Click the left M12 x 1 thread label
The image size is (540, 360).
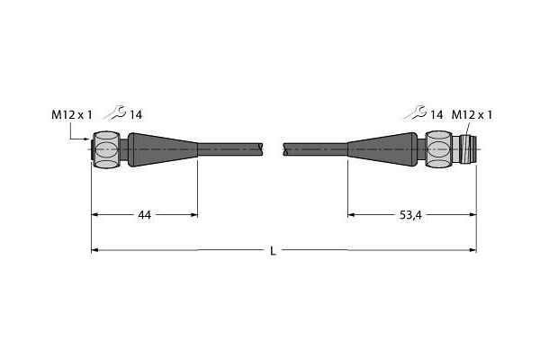click(x=72, y=114)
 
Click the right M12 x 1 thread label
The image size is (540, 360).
click(x=472, y=114)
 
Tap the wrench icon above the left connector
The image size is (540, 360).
click(x=115, y=112)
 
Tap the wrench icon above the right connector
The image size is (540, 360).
click(x=416, y=112)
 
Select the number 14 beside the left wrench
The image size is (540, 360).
click(x=136, y=114)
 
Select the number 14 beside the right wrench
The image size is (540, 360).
click(x=436, y=114)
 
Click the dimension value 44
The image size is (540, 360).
click(x=144, y=215)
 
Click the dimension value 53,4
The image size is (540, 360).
click(x=410, y=215)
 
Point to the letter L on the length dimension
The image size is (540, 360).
click(x=273, y=251)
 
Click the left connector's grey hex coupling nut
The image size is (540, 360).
click(x=107, y=149)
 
